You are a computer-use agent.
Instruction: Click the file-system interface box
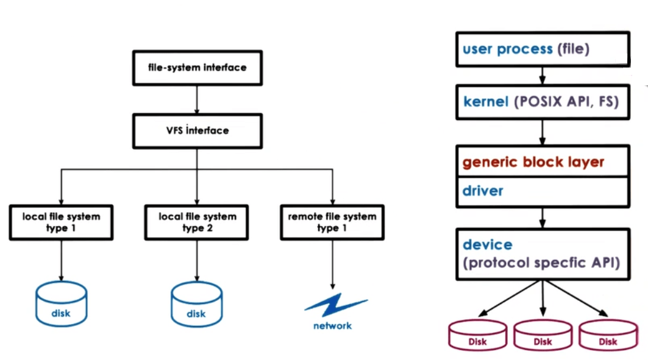point(197,67)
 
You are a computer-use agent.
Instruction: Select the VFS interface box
point(197,130)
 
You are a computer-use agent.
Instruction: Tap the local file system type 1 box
point(61,222)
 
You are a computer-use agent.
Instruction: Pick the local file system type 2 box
point(196,222)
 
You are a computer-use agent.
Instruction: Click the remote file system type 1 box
point(332,222)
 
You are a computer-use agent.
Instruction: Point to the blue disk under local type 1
point(61,305)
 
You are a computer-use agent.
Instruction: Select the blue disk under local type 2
point(196,305)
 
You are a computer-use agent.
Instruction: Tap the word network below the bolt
point(332,326)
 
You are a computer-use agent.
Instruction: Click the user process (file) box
point(542,49)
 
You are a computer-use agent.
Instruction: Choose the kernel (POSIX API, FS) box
point(542,102)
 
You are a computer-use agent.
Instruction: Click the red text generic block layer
point(533,162)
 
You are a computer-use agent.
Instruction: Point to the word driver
point(483,191)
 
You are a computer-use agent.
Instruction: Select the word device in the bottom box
point(488,245)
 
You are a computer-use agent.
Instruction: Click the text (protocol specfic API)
point(541,263)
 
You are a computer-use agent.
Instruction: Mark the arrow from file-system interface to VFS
point(197,99)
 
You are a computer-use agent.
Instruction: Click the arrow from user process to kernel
point(542,76)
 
